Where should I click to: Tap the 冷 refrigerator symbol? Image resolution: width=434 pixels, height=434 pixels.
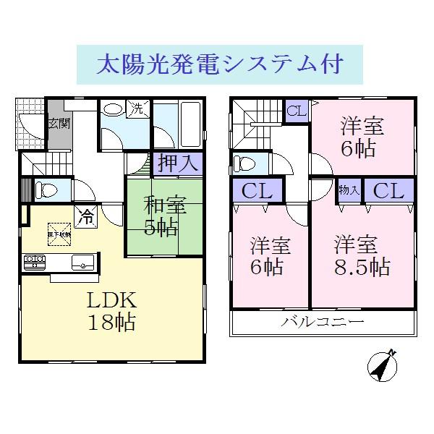coord(86,216)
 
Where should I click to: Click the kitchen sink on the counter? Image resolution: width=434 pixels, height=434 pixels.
coord(82,262)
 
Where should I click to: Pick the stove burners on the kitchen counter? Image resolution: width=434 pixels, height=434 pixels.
coord(33,261)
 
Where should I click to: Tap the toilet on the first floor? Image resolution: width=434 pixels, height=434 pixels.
coord(47,190)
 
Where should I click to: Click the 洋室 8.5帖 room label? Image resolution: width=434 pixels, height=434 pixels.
coord(361,255)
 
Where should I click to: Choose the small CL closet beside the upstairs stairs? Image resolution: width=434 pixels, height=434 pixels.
coord(294,111)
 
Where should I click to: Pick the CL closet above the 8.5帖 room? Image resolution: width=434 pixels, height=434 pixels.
coord(389,191)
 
